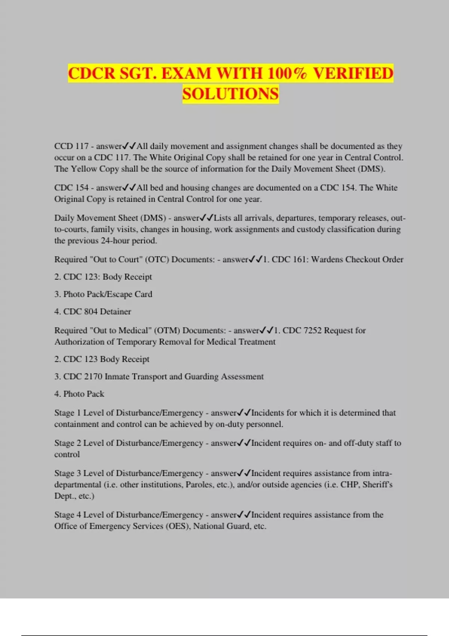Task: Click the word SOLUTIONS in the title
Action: (x=230, y=94)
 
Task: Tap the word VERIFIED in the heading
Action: (x=353, y=73)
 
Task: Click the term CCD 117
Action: (x=71, y=146)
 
